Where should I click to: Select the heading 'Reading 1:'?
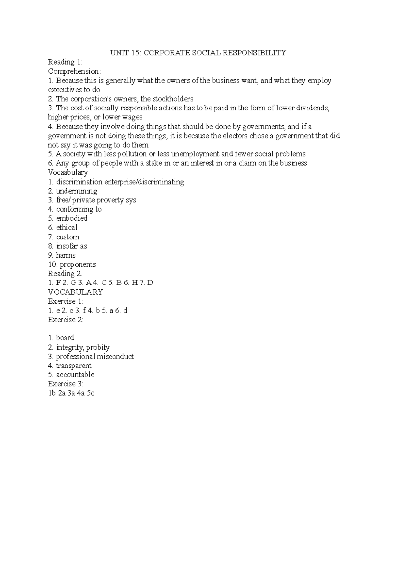[65, 62]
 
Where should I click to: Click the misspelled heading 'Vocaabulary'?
[68, 172]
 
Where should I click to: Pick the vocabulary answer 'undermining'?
[76, 191]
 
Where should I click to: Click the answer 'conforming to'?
[79, 209]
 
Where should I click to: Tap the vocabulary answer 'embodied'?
[72, 218]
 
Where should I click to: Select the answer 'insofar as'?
[71, 246]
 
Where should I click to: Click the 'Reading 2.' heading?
[65, 274]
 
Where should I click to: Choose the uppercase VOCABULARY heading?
[75, 292]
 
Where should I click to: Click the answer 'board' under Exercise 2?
[65, 338]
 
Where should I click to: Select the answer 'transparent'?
[73, 366]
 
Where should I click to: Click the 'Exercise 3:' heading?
[66, 384]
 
